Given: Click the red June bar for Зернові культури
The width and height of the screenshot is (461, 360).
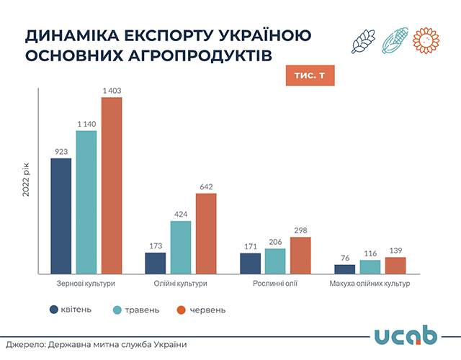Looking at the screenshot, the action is coord(112,186).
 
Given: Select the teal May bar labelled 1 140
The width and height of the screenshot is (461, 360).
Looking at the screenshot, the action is coord(86,202).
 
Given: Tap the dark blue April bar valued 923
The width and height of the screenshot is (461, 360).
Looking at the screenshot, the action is coord(61,216).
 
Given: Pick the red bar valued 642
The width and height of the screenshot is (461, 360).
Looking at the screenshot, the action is coord(206,233).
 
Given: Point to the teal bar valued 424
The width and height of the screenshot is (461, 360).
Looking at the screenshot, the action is coord(181,248).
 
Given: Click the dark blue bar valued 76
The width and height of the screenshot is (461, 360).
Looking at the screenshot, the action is coord(345,269).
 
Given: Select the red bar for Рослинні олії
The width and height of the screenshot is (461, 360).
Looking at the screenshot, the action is coord(300,256).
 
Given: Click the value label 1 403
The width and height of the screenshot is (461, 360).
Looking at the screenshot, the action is coord(112,91).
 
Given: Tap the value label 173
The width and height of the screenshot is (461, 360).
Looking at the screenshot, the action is coord(156,246).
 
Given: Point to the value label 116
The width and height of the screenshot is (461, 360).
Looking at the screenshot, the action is coord(370,253).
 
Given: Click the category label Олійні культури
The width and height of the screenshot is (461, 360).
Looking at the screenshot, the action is coord(181,284).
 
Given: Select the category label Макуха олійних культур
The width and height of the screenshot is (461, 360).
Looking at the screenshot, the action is coord(370,284).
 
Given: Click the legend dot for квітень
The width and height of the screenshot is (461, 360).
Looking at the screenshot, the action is coord(54,310).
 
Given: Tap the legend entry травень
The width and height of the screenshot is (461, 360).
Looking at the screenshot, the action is coord(136,310).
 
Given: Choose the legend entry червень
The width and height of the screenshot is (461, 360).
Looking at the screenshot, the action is coord(202,310).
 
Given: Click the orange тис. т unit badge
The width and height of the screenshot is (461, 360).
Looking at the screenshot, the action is coord(310,76).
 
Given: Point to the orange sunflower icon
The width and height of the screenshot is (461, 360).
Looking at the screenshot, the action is coord(426,40).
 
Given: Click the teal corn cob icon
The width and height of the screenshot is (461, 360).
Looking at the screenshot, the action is coord(395,40).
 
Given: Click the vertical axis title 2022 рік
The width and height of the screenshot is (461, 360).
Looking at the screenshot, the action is coord(26,179).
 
